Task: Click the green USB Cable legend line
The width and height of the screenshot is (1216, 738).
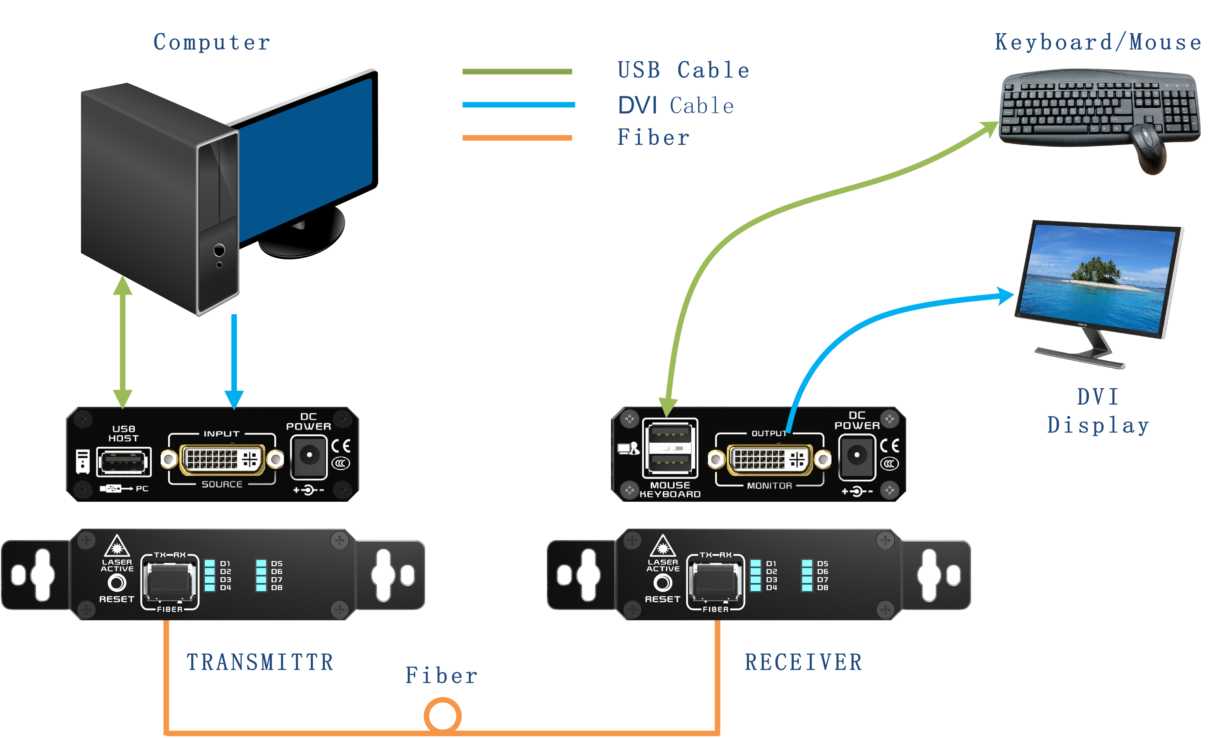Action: (517, 71)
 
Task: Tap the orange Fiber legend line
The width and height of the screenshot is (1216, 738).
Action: (517, 138)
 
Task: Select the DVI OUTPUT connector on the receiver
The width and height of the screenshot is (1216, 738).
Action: (769, 460)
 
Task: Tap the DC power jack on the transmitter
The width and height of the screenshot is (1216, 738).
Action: (309, 455)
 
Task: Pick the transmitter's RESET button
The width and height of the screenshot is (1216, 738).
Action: (117, 583)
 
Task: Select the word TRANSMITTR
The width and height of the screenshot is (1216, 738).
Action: (260, 662)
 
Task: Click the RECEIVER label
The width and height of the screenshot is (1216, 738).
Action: (803, 662)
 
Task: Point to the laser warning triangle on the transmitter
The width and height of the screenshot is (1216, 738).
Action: (117, 546)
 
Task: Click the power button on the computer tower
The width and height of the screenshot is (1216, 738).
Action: (219, 250)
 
